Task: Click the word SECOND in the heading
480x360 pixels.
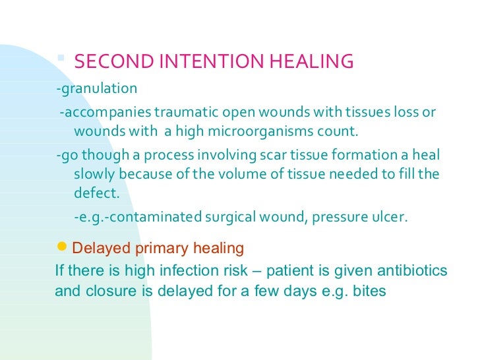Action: (107, 61)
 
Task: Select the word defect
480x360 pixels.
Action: (96, 193)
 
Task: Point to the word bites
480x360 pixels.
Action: (369, 290)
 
